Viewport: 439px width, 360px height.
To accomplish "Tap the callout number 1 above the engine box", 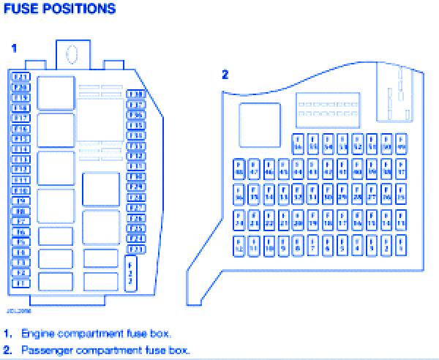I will click(x=13, y=48).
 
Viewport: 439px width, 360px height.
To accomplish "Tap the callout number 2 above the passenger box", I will click(x=225, y=74).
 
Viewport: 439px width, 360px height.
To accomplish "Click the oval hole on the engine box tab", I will click(x=72, y=53).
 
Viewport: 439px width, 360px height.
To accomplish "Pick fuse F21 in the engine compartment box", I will click(x=20, y=77).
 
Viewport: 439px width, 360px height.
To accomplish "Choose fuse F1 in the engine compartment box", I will click(x=20, y=282).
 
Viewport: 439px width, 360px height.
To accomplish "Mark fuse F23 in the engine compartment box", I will click(x=136, y=249).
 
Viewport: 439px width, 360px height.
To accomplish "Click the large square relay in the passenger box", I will click(x=260, y=125).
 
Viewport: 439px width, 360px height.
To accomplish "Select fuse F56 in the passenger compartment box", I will click(x=299, y=143).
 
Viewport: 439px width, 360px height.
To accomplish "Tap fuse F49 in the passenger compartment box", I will click(x=401, y=143).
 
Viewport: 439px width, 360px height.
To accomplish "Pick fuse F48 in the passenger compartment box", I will click(x=239, y=168).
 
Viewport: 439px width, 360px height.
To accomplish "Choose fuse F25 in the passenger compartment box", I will click(x=401, y=194).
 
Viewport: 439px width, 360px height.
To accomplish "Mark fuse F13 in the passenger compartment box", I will click(x=401, y=220).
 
